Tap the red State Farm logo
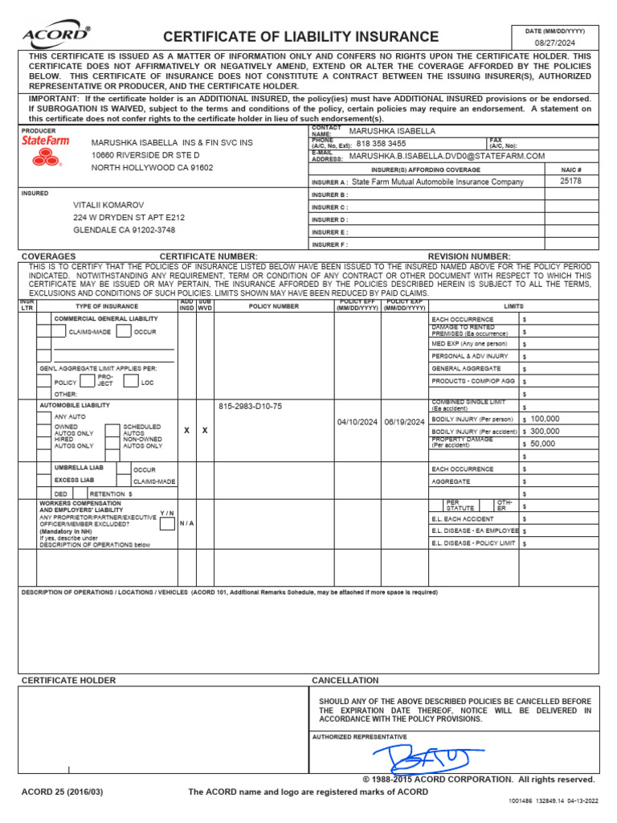pyautogui.click(x=45, y=149)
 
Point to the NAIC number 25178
pyautogui.click(x=570, y=181)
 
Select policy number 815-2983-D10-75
pyautogui.click(x=251, y=406)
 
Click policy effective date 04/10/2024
pyautogui.click(x=357, y=422)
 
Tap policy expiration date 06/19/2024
pyautogui.click(x=404, y=422)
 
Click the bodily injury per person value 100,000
pyautogui.click(x=545, y=419)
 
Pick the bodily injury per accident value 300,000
pyautogui.click(x=545, y=431)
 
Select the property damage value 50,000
pyautogui.click(x=542, y=443)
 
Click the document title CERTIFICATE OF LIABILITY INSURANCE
pyautogui.click(x=301, y=37)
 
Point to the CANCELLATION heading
pyautogui.click(x=345, y=680)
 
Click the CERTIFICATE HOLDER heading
pyautogui.click(x=68, y=680)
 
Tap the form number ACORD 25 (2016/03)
pyautogui.click(x=63, y=792)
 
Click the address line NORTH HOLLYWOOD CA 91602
pyautogui.click(x=153, y=168)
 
